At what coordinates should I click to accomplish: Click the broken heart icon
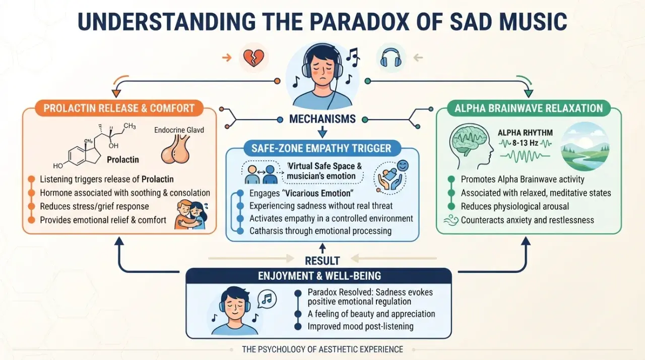point(253,58)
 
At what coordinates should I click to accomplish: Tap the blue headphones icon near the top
point(391,57)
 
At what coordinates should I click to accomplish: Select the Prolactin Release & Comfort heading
point(119,108)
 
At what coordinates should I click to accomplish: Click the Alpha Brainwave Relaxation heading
point(529,108)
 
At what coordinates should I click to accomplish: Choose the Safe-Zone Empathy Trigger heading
point(321,148)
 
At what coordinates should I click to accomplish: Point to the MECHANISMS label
point(322,119)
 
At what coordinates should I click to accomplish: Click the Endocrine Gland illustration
point(175,149)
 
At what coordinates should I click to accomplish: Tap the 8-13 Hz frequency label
point(525,143)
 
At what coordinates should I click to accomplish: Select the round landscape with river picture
point(586,147)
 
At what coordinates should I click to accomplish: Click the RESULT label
point(322,261)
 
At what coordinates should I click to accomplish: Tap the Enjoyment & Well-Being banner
point(319,276)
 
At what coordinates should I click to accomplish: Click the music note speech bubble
point(267,299)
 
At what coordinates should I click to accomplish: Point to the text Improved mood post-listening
point(360,327)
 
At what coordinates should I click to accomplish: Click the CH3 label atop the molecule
point(130,126)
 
